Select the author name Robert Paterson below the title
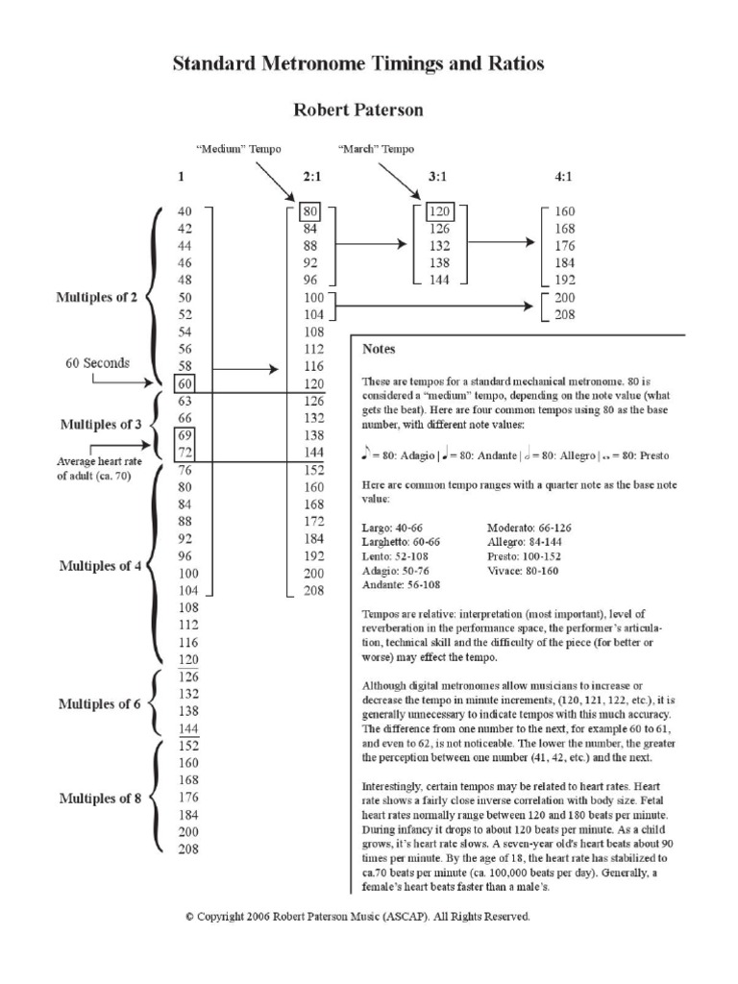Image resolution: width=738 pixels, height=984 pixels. coord(358,111)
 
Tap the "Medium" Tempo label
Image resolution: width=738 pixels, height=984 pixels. coord(232,150)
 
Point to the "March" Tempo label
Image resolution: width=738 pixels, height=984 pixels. coord(376,150)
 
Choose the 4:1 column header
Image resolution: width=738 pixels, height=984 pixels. coord(564,178)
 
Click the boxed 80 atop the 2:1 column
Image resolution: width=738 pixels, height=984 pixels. coord(310,211)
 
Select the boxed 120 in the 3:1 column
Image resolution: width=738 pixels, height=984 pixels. coord(439,211)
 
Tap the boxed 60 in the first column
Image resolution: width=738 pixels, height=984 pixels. coord(184,384)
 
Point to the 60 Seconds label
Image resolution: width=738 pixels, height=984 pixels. coord(98,364)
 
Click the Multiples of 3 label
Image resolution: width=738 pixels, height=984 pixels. coord(100,424)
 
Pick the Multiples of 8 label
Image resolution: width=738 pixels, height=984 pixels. coord(100,799)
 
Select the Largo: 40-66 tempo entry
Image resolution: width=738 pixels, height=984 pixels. coord(391,529)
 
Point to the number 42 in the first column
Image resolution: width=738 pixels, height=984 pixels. coord(184,229)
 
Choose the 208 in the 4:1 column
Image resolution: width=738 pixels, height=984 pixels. coord(564,314)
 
